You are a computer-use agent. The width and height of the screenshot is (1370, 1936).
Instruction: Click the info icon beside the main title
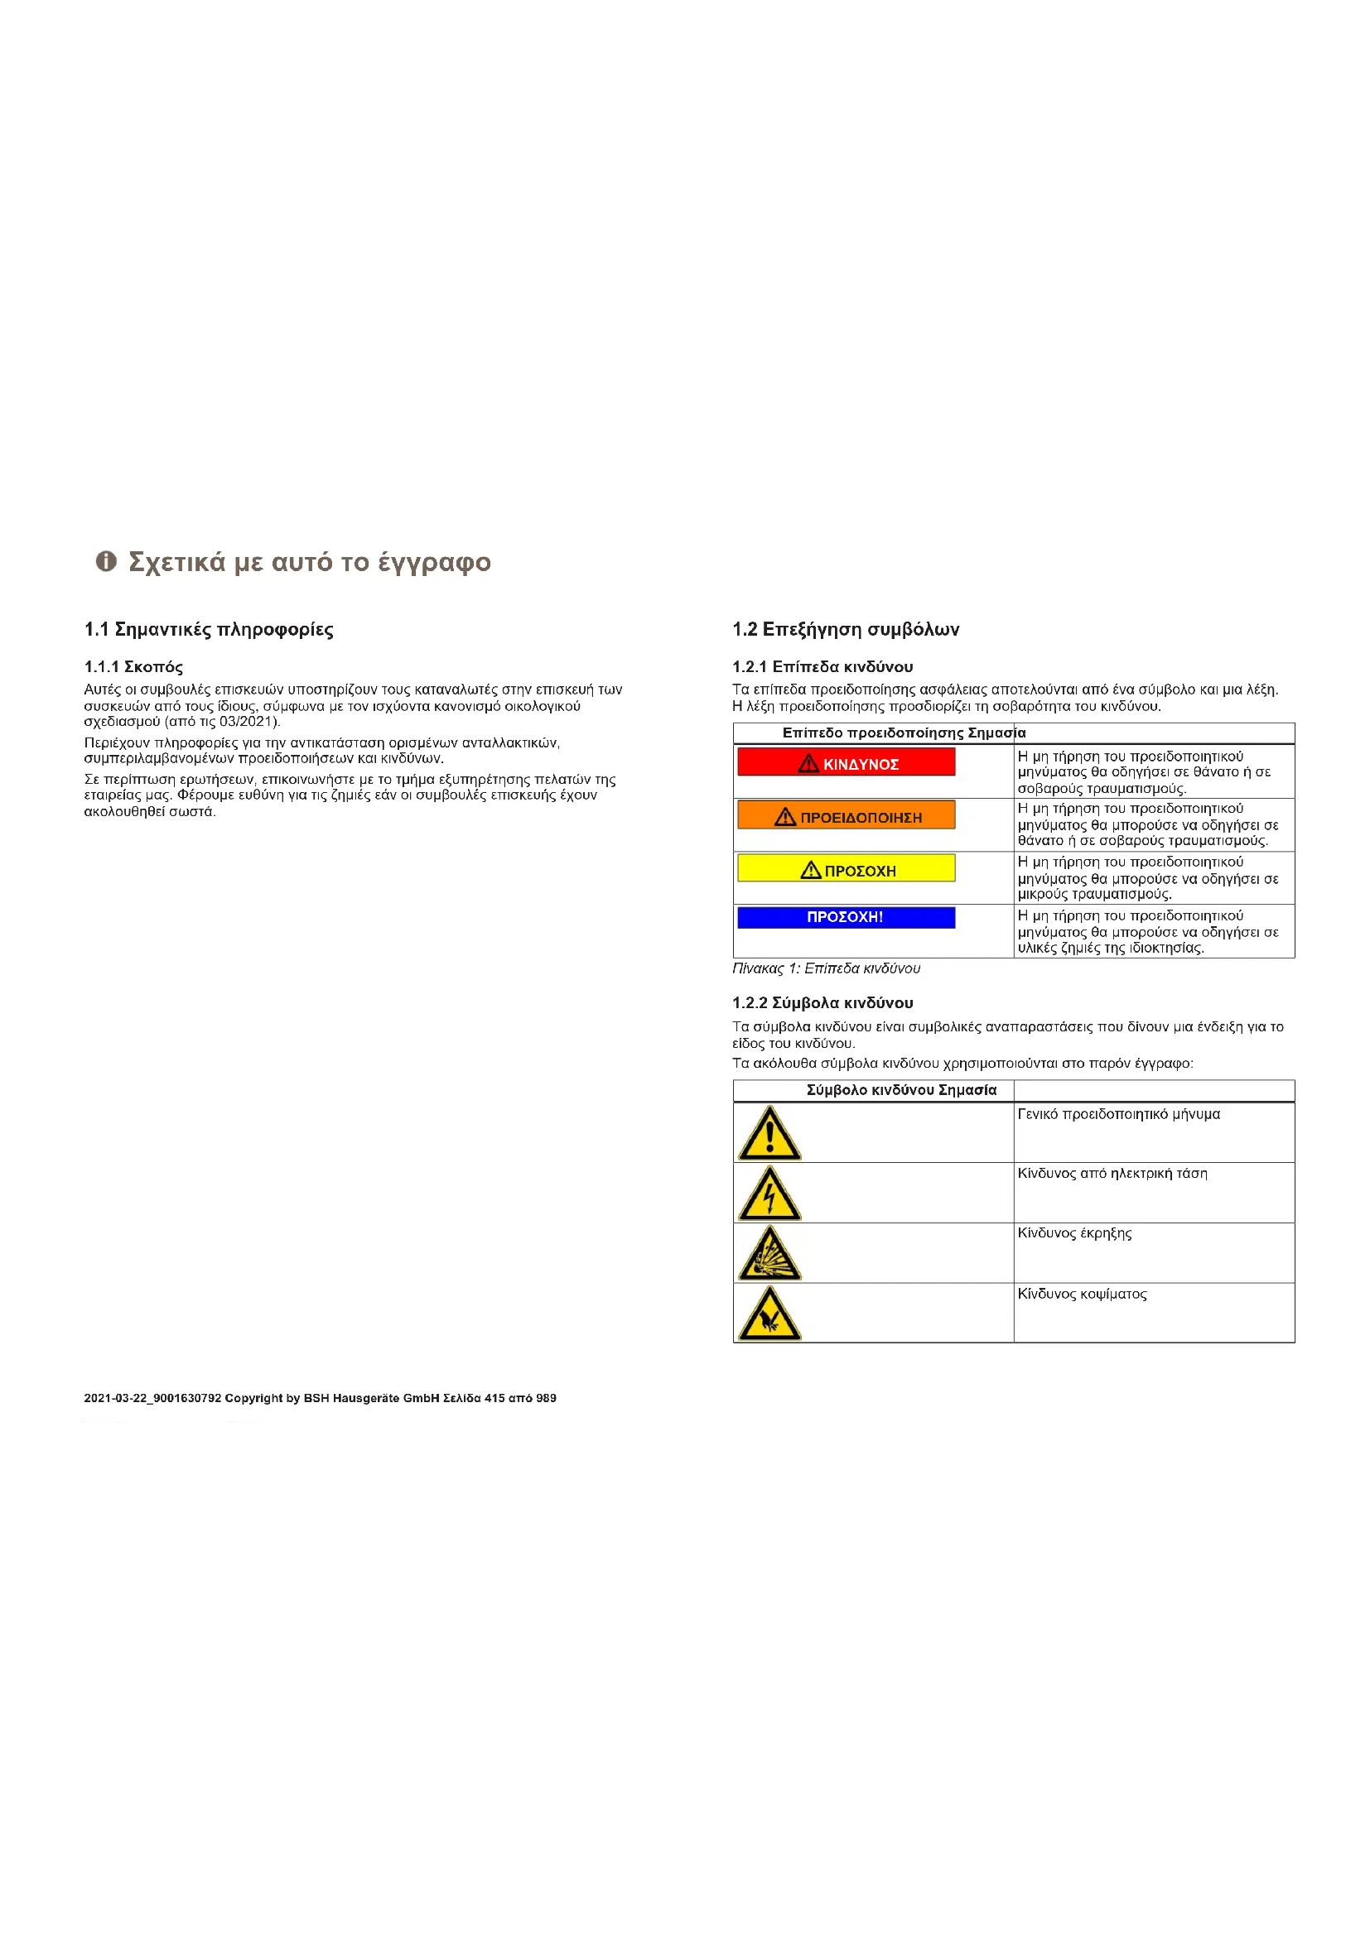pos(105,561)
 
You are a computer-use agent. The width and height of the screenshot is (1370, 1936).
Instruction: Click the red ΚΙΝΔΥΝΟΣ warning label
pos(847,762)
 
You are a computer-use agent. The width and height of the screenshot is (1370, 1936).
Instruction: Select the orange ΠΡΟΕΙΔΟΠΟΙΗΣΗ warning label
pos(847,815)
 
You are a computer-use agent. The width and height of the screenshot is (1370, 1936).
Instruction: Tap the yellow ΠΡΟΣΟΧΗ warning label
pos(847,868)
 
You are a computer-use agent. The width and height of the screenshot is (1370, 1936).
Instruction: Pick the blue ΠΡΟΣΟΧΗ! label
pos(847,917)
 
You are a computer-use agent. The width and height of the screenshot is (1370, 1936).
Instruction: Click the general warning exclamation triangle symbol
pos(769,1134)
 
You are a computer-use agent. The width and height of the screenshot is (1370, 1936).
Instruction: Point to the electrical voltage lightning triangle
pos(769,1194)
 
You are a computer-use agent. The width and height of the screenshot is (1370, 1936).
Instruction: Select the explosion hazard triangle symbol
pos(769,1254)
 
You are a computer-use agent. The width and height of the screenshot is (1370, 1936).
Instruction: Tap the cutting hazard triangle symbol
pos(769,1314)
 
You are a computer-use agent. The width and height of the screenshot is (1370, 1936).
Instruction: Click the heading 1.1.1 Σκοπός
pos(133,667)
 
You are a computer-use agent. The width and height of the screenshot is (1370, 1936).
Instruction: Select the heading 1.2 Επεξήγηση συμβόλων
pos(846,630)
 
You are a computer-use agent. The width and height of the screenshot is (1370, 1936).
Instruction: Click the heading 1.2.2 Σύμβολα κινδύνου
pos(822,1002)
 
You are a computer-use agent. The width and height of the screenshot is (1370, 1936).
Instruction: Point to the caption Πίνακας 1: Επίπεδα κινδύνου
pos(826,969)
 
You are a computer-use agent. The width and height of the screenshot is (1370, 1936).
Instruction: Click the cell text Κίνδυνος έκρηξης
pos(1074,1233)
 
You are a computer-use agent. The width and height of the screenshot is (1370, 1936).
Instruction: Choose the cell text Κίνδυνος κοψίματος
pos(1082,1294)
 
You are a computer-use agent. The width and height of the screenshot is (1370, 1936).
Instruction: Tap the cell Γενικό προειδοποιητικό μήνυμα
pos(1118,1115)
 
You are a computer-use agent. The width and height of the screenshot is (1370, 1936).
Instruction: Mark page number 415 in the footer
pos(495,1398)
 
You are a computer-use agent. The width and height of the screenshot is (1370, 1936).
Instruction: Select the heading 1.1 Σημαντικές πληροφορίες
pos(209,630)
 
